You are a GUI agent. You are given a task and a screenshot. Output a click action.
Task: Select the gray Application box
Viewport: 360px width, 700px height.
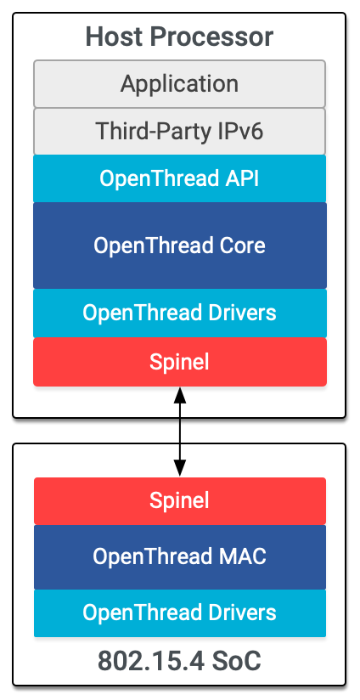pos(179,83)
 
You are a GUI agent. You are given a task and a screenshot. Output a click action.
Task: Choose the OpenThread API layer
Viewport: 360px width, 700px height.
pos(179,178)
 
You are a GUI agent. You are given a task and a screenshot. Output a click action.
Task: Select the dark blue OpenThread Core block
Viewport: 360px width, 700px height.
pos(179,246)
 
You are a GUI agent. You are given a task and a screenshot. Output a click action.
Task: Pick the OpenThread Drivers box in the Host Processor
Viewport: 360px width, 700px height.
pos(179,313)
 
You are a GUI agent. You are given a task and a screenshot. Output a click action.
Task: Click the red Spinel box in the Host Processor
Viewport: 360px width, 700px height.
pos(179,362)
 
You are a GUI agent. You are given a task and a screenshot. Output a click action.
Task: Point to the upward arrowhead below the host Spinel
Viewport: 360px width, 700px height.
pos(179,395)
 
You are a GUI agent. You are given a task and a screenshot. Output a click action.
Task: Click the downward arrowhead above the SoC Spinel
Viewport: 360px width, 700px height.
pos(179,468)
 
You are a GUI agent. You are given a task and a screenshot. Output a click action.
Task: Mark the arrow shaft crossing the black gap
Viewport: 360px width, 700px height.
pos(179,431)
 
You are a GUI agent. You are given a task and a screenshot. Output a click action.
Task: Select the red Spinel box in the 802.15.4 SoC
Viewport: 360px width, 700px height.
pos(179,500)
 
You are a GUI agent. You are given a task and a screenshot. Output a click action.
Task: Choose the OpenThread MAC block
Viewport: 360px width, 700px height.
pos(179,557)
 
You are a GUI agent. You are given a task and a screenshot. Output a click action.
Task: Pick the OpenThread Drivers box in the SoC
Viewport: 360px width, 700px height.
pos(179,612)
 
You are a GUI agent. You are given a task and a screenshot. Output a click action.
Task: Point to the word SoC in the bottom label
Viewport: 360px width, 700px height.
pos(235,661)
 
